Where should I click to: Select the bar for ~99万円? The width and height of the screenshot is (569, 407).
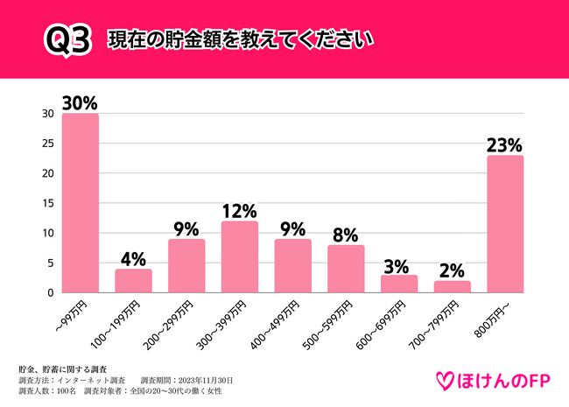81,203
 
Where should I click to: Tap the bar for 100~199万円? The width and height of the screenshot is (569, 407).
133,281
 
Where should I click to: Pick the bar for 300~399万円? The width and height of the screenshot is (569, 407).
239,257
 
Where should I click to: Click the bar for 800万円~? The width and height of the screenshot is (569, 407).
504,224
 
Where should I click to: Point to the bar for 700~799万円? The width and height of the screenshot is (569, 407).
452,287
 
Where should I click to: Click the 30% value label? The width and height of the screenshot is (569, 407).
79,102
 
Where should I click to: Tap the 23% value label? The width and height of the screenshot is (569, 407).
504,144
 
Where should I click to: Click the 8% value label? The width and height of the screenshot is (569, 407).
345,234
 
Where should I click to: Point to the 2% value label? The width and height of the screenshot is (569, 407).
452,270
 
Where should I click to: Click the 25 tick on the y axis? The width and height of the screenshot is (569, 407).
48,144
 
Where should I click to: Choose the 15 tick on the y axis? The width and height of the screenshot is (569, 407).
48,203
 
